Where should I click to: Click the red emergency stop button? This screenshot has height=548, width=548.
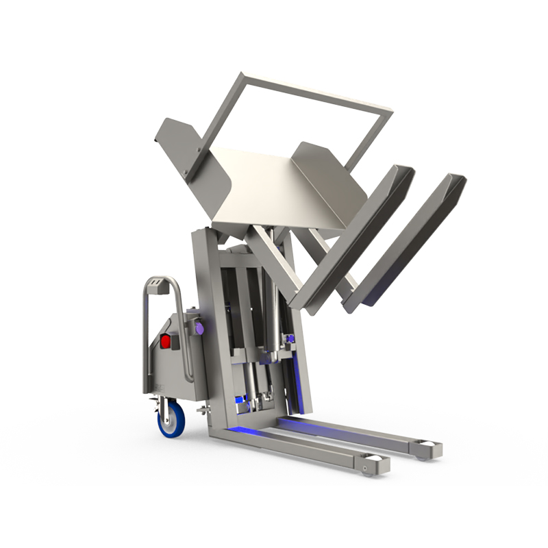165,340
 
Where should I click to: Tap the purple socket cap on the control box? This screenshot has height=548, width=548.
199,329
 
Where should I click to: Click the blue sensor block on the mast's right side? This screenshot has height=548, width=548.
291,338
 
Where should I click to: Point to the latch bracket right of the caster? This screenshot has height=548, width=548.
203,410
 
